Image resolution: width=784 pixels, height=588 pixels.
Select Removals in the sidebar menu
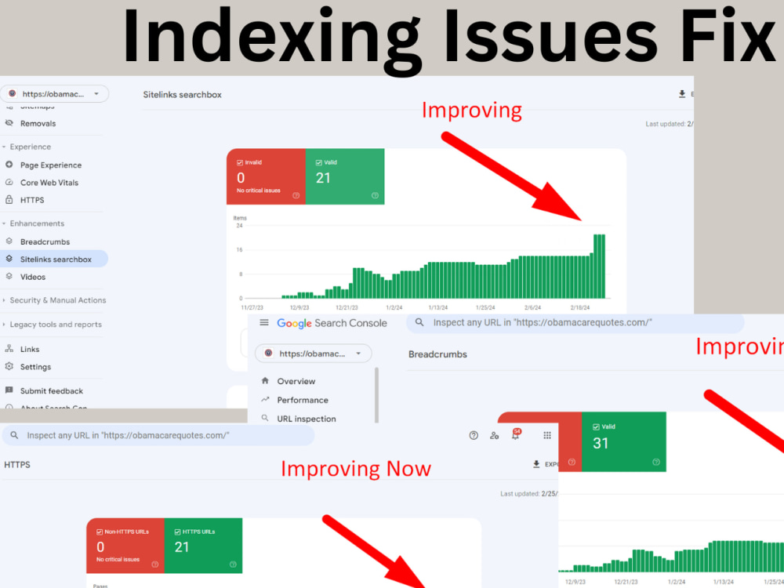coord(38,123)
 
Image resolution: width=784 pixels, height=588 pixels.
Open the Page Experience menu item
coord(50,165)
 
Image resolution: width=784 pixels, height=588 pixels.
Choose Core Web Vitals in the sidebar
coord(49,183)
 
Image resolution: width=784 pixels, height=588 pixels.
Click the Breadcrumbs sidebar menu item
coord(45,241)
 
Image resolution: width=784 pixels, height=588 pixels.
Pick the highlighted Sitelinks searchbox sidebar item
coord(55,260)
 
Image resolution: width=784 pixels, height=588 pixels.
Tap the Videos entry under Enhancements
coord(33,277)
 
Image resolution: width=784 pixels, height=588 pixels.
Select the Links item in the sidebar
coord(30,349)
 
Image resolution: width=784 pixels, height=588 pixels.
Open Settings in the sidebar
coord(35,367)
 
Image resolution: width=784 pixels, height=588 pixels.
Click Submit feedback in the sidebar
coord(51,390)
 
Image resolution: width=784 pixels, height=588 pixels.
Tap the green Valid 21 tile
coord(344,176)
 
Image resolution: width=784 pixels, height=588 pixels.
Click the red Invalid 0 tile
coord(265,176)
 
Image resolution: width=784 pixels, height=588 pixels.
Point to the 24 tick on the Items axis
coord(238,226)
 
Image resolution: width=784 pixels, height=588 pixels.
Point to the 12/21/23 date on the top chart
coord(347,308)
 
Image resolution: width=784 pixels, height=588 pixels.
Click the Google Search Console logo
coord(332,323)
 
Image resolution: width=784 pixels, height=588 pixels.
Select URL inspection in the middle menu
coord(306,419)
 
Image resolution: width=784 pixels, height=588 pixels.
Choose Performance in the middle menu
coord(302,400)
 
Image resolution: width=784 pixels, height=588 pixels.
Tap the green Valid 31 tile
coord(623,441)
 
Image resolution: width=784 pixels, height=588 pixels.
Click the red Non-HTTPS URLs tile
coord(125,545)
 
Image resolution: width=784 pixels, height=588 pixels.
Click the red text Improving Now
coord(356,469)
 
